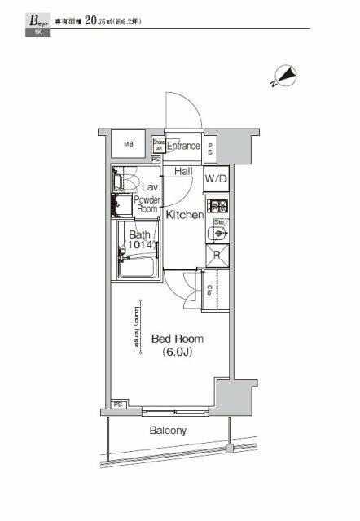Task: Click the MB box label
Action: click(x=129, y=144)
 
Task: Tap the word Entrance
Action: click(x=184, y=147)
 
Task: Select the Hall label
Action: click(x=183, y=171)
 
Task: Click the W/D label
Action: click(x=215, y=178)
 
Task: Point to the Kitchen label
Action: click(x=185, y=215)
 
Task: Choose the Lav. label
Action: click(x=147, y=186)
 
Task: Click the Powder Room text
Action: click(x=147, y=204)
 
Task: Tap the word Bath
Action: click(x=138, y=236)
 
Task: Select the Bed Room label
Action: click(x=176, y=339)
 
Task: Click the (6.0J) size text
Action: click(x=176, y=353)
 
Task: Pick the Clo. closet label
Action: click(x=210, y=291)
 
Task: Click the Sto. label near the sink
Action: click(x=218, y=222)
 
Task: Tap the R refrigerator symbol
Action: click(x=216, y=256)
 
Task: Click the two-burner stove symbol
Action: click(x=217, y=205)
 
